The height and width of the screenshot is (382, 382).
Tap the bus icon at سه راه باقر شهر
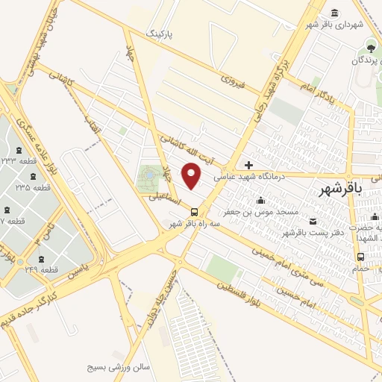point(195,211)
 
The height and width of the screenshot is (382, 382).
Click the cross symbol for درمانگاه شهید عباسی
point(249,165)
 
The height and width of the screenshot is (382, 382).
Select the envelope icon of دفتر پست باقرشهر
point(312,220)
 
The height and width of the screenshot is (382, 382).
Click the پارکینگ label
point(162,34)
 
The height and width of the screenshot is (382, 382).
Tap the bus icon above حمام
point(361,257)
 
